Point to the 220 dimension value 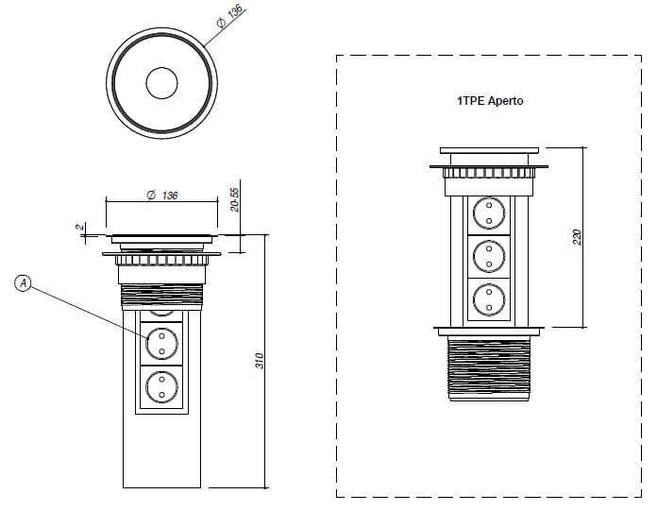pyautogui.click(x=578, y=236)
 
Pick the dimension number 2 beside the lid pyautogui.click(x=81, y=228)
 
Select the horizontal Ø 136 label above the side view pyautogui.click(x=162, y=196)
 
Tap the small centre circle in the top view pyautogui.click(x=162, y=84)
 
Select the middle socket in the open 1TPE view pyautogui.click(x=489, y=254)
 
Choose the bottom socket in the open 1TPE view pyautogui.click(x=489, y=298)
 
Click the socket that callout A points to pyautogui.click(x=161, y=342)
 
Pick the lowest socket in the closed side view pyautogui.click(x=161, y=385)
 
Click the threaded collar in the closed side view pyautogui.click(x=161, y=295)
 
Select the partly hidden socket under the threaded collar pyautogui.click(x=161, y=311)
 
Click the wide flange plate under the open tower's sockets pyautogui.click(x=489, y=330)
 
